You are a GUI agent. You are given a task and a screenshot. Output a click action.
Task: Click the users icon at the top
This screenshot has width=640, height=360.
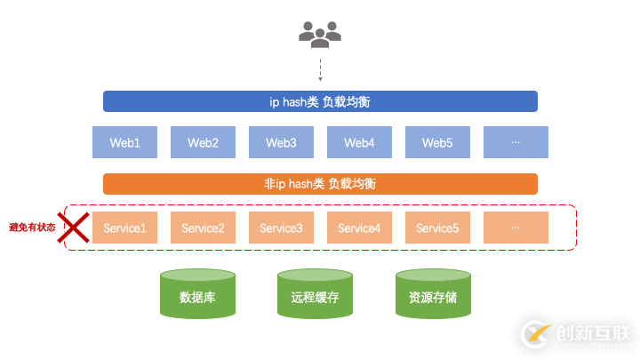pos(320,35)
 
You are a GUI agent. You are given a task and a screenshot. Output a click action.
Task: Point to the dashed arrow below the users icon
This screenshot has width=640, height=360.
pos(320,68)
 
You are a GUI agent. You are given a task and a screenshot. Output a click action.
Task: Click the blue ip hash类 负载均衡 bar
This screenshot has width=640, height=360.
pos(320,101)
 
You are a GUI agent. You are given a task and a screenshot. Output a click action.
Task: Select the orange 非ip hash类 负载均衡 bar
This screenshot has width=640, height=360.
pos(320,184)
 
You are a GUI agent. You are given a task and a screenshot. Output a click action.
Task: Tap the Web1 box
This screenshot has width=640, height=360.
pos(125,142)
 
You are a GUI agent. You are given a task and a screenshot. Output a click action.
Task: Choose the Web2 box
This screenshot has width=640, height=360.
pos(203,142)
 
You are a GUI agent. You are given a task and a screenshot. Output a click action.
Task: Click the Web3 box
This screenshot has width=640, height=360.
pos(281,142)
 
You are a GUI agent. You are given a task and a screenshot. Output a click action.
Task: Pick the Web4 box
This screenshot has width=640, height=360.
pos(359,142)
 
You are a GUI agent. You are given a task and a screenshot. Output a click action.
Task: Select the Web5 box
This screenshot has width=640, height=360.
pos(437,142)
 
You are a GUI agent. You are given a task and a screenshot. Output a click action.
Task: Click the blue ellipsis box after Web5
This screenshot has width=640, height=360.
pos(516,142)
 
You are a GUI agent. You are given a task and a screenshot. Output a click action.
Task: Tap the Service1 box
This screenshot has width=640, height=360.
pos(125,228)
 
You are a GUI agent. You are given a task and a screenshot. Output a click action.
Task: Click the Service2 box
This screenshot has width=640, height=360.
pos(203,228)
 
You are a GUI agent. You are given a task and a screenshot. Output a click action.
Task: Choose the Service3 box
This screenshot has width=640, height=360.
pos(281,228)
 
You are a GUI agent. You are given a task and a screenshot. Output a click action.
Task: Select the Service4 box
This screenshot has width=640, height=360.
pos(359,228)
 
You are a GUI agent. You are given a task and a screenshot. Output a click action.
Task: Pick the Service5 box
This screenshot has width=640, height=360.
pos(437,228)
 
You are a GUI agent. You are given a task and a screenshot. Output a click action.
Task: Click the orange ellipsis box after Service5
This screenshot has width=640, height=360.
pos(516,228)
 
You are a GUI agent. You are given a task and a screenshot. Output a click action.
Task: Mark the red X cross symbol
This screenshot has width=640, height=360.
pos(74,227)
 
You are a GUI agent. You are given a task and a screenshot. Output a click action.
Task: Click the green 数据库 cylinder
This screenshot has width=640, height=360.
pos(197,294)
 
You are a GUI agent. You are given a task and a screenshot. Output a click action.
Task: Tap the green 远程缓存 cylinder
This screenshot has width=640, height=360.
pos(315,294)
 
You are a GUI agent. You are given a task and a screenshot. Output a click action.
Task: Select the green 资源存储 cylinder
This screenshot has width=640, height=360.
pos(432,294)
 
